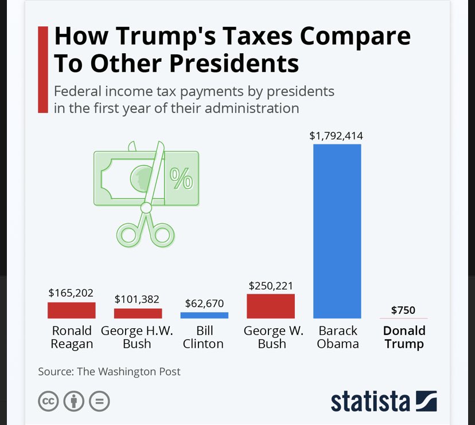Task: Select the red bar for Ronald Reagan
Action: click(x=71, y=310)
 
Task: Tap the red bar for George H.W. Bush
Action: click(x=138, y=313)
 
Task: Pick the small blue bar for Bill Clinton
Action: click(x=204, y=315)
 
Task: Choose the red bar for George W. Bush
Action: click(x=270, y=306)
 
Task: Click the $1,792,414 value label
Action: click(x=336, y=136)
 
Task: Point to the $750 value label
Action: click(x=403, y=310)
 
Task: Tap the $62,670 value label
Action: click(x=204, y=303)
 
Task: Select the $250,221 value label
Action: click(x=270, y=285)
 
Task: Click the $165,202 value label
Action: click(x=71, y=293)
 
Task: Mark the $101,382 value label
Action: click(x=137, y=299)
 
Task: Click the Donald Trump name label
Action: click(x=404, y=337)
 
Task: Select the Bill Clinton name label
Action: click(x=204, y=337)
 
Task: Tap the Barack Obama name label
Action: click(x=337, y=337)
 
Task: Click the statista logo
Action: click(x=383, y=401)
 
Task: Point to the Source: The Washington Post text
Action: click(x=109, y=371)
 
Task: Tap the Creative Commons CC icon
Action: click(x=48, y=401)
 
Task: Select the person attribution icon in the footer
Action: click(x=73, y=401)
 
